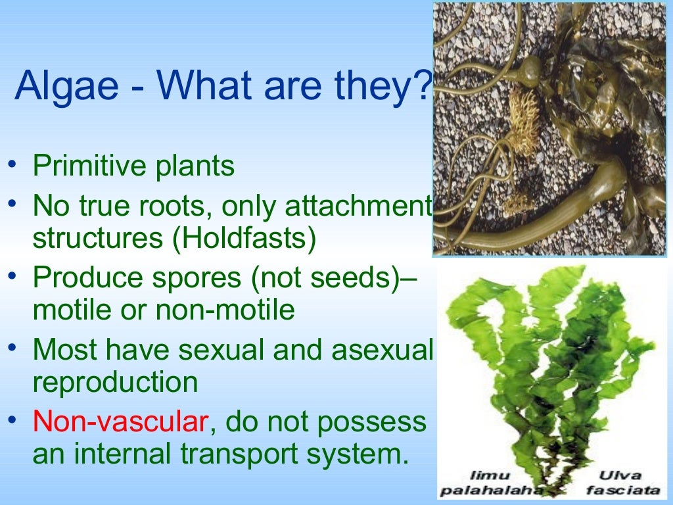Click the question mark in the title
tap(423, 86)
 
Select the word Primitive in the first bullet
tap(81, 166)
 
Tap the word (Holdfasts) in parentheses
tap(245, 239)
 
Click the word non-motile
tap(225, 310)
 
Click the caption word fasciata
tap(621, 490)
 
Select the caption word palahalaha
tap(490, 490)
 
